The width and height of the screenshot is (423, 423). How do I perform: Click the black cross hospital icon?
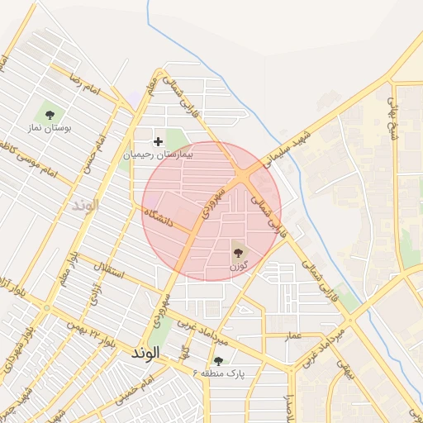tap(158, 141)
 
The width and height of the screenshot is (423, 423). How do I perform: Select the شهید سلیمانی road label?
tap(286, 145)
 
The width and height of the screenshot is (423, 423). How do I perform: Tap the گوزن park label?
tap(239, 264)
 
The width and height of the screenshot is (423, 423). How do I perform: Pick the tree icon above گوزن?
tap(239, 250)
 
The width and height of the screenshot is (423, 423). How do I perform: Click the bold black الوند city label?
tap(150, 352)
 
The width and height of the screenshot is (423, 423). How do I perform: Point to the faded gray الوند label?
tap(85, 203)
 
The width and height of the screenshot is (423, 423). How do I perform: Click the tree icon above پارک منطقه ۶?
tap(218, 361)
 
